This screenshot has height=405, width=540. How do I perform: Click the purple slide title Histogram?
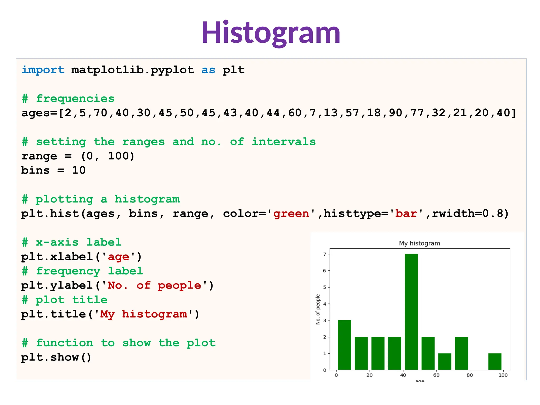click(271, 33)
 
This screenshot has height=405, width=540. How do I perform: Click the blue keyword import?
click(43, 70)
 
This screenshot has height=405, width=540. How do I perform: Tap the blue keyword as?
click(208, 70)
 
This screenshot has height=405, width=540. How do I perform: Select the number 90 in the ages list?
click(396, 113)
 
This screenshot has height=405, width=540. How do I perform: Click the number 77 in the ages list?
click(417, 113)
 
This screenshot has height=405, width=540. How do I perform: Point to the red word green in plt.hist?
click(291, 214)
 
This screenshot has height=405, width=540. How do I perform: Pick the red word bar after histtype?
click(406, 214)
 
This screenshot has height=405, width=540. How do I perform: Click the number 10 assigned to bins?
click(79, 170)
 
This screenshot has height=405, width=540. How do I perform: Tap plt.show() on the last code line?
click(56, 357)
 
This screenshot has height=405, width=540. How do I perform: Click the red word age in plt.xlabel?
click(118, 257)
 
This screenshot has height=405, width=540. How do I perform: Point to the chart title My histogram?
click(420, 243)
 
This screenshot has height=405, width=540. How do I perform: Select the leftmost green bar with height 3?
click(344, 345)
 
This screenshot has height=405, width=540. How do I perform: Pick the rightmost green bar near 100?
click(495, 361)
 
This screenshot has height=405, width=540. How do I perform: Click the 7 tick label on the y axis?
click(325, 254)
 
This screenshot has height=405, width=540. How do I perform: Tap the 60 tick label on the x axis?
click(436, 375)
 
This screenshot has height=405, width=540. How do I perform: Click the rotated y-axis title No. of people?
click(318, 309)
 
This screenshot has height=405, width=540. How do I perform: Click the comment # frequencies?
click(68, 99)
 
